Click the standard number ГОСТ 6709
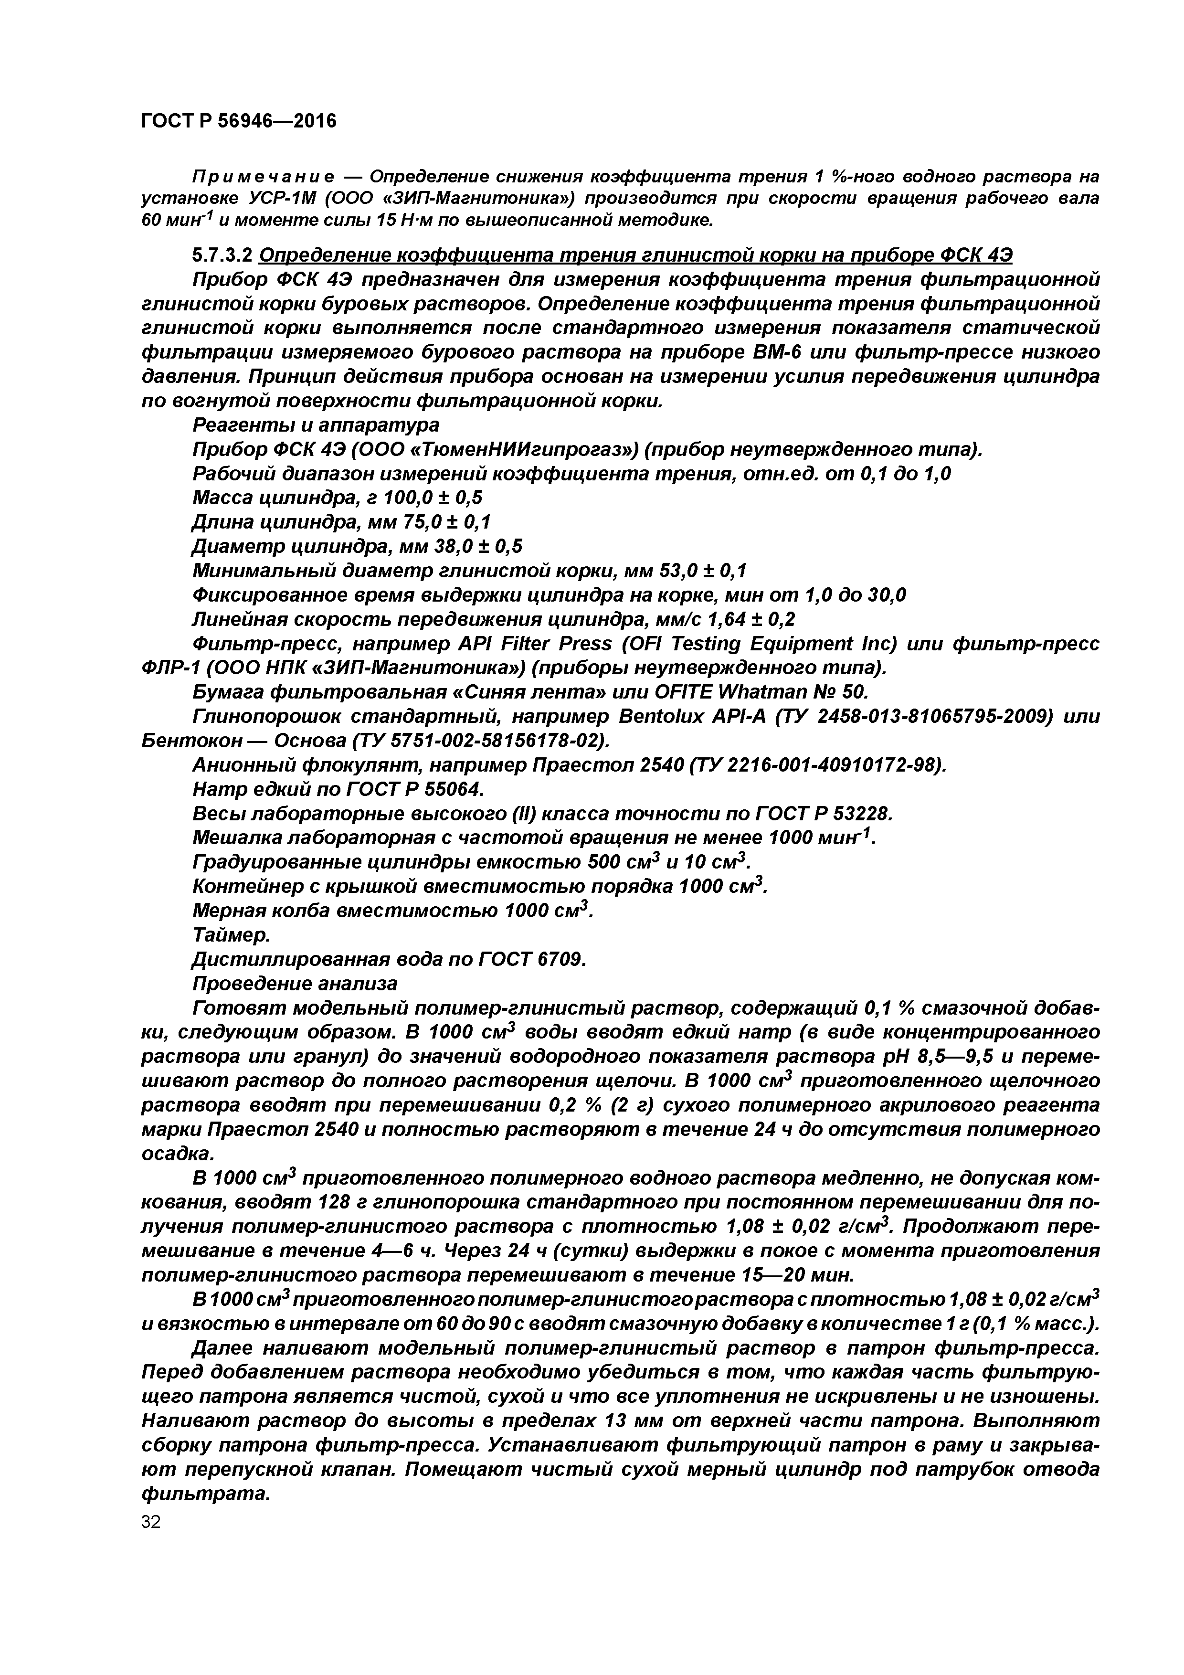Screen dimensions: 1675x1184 click(x=532, y=959)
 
